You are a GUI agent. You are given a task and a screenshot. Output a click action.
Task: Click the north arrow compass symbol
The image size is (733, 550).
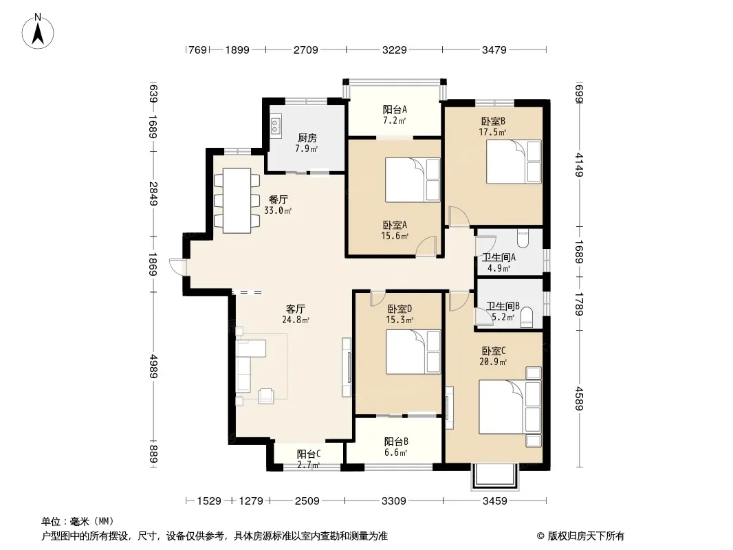[38, 32]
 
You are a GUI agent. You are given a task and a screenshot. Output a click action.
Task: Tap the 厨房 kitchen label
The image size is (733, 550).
[307, 138]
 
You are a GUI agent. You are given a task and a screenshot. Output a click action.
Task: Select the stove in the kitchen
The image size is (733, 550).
[275, 124]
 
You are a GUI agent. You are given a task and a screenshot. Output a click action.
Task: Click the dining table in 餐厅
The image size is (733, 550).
[237, 201]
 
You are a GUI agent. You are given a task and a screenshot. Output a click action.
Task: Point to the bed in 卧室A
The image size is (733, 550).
[413, 180]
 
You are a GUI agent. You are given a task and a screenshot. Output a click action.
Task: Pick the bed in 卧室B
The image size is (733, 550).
[514, 162]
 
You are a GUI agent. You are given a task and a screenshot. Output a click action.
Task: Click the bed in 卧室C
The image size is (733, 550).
[510, 407]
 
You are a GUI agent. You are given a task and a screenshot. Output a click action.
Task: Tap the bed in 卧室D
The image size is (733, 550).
[413, 352]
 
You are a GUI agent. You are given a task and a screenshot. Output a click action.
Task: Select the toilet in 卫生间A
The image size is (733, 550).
[523, 239]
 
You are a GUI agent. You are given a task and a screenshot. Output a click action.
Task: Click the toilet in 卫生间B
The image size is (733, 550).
[527, 316]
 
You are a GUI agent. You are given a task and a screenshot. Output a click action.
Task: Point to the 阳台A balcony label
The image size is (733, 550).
[395, 109]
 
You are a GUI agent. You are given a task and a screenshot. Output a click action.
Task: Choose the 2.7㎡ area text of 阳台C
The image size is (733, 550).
[309, 465]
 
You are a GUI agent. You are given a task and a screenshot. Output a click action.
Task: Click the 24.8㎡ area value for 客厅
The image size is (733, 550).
[296, 320]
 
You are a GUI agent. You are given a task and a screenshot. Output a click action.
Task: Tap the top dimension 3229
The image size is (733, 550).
[395, 49]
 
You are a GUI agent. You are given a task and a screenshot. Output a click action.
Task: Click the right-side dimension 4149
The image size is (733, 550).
[579, 165]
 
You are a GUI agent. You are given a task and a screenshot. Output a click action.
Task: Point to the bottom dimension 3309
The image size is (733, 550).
[393, 501]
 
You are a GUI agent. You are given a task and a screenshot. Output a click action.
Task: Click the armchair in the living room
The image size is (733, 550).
[266, 396]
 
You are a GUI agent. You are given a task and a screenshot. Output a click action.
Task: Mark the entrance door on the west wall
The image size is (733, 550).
[178, 267]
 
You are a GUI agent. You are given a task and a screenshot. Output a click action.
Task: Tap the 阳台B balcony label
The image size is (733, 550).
[397, 441]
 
